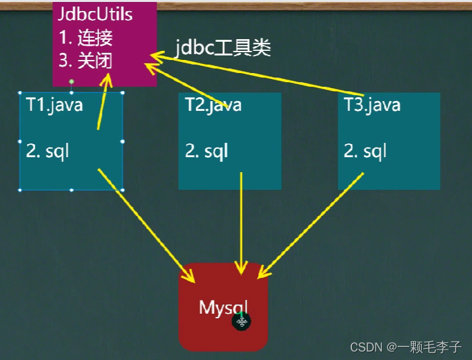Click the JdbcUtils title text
[95, 14]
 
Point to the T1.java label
[55, 104]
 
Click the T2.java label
[213, 104]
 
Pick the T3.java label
[372, 104]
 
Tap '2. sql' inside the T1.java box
[48, 151]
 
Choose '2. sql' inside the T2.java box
[207, 151]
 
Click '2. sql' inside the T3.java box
[365, 151]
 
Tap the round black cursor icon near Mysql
[242, 322]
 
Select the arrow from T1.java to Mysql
[147, 225]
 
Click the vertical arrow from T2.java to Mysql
[242, 222]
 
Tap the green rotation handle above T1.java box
[72, 82]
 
